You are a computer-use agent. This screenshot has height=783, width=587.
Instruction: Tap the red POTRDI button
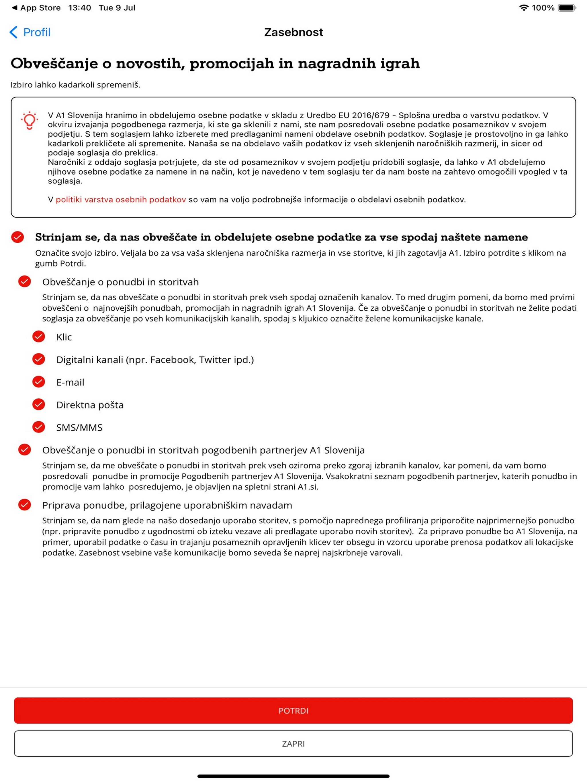[293, 710]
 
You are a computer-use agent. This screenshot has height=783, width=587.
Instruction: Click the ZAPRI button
[293, 743]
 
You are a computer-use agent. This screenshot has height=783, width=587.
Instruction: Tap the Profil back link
[30, 32]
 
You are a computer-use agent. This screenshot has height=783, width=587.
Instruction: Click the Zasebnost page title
[293, 32]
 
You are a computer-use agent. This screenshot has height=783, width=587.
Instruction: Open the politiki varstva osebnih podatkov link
[121, 200]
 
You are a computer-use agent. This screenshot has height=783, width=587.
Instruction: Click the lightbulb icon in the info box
[30, 120]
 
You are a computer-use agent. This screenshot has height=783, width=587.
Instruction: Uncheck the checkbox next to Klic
[39, 337]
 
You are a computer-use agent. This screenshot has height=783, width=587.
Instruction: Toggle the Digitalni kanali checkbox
[39, 359]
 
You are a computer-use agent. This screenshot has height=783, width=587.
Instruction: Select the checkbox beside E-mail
[39, 382]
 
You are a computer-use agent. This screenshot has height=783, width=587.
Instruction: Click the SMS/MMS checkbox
[39, 427]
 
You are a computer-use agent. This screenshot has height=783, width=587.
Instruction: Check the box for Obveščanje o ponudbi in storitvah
[24, 281]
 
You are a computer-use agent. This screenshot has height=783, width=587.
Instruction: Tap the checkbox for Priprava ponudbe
[24, 505]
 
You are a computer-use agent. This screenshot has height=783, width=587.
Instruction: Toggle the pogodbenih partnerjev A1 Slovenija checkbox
[24, 450]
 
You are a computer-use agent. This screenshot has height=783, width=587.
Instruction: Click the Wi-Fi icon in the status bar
[524, 8]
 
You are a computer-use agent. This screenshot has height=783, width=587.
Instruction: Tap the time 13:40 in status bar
[80, 8]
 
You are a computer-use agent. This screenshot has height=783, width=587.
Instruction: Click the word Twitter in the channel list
[215, 360]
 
